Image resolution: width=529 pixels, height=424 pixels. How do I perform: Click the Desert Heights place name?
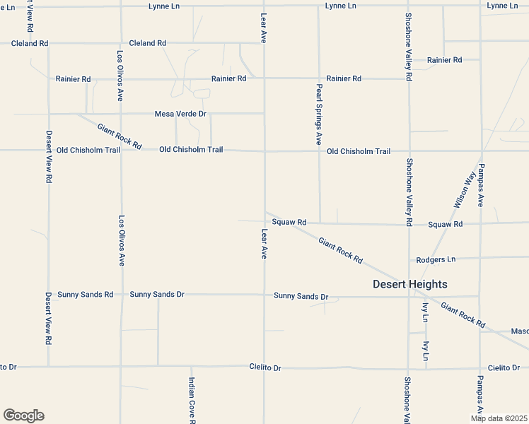410,284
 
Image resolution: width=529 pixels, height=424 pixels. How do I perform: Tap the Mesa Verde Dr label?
180,114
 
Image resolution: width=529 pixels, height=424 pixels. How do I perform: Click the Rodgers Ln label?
436,259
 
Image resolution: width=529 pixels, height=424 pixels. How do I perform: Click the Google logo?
23,416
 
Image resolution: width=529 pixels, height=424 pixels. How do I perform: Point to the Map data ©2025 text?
499,418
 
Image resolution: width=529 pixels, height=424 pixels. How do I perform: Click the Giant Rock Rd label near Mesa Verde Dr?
120,136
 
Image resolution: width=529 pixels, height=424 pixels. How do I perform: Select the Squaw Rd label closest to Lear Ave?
289,223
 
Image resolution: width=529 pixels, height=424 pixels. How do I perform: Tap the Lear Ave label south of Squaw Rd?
264,243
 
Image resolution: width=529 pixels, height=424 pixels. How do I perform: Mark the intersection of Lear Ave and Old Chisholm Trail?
265,151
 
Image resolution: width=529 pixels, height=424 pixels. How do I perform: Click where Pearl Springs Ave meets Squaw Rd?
320,223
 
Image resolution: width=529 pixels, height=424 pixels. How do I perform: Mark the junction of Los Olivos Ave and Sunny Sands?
120,294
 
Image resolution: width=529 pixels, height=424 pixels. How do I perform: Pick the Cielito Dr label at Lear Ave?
265,367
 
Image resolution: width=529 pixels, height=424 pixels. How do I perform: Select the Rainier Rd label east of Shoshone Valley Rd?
445,60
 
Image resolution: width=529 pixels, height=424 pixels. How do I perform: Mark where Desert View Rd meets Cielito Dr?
48,365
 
